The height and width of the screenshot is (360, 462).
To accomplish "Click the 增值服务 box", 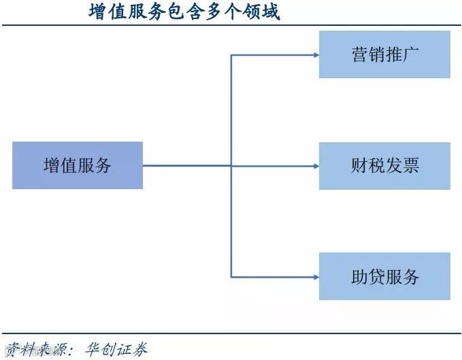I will [78, 165].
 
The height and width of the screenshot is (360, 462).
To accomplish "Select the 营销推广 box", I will [384, 54].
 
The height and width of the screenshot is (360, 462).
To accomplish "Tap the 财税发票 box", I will [384, 165].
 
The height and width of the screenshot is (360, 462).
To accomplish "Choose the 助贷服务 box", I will [384, 276].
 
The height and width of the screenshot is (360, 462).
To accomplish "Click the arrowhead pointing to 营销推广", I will [315, 54].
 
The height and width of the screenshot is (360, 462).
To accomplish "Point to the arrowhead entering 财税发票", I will [315, 165].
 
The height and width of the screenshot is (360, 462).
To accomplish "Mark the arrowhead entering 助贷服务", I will [315, 276].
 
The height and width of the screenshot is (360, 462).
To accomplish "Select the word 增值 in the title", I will [104, 12].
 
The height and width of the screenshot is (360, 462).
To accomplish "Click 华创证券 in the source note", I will [116, 348].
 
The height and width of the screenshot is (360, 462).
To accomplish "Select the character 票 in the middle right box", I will [410, 165].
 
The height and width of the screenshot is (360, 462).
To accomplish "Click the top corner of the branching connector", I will [231, 54].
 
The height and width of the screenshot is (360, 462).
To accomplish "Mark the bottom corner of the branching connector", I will [231, 276].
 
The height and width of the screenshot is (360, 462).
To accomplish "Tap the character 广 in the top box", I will [410, 54].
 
